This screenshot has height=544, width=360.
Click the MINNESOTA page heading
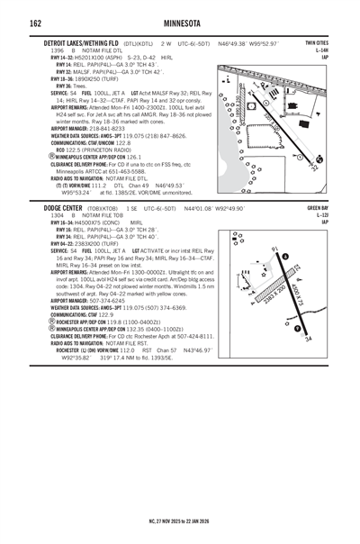click(179, 22)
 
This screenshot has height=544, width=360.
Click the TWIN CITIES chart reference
click(316, 42)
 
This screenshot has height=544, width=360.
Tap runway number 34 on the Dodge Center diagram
click(308, 339)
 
